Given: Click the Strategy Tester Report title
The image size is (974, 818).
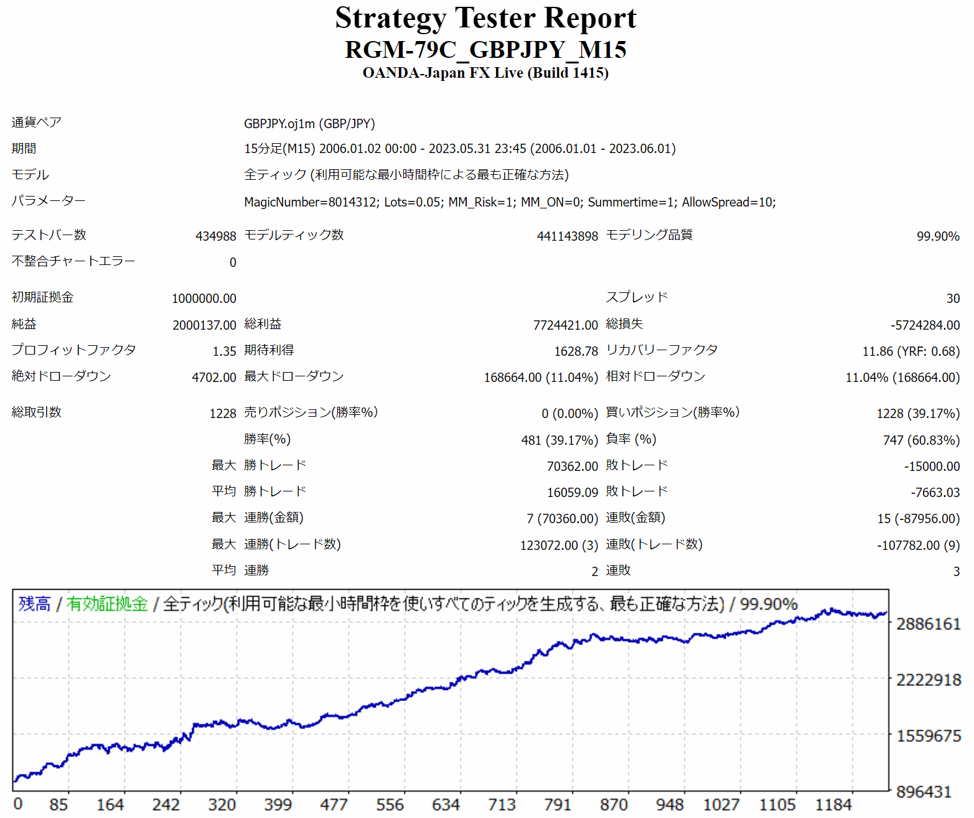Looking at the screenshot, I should coord(485,18).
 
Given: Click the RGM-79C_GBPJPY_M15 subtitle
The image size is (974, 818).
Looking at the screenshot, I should coord(485,50).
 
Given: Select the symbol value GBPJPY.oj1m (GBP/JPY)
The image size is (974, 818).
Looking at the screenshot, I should coord(309,124).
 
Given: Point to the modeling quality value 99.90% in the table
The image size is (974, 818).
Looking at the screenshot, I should coord(938,236).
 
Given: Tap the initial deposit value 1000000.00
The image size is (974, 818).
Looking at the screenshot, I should coord(204,299).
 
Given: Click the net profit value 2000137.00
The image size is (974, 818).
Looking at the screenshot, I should coord(204,325).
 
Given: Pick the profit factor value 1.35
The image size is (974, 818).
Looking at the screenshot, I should coord(224,351).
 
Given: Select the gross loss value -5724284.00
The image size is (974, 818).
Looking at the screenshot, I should coord(925,325).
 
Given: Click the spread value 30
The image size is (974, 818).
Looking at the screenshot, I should coord(953,299).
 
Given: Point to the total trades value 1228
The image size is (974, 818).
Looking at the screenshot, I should coord(223,414).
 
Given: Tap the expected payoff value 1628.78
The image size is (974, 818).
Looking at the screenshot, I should coord(576,351).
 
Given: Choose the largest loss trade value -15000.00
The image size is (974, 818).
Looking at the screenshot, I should coord(932,467).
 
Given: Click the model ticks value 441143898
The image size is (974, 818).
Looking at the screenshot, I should coord(567,236).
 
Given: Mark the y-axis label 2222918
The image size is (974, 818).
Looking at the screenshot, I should coord(929,680).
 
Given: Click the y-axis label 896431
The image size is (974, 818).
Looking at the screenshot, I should coord(924,792).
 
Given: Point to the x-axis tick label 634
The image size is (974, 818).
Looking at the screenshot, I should coord(446,805).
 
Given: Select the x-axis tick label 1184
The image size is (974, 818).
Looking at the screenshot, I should coord(833,805).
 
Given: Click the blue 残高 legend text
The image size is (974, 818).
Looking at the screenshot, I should coord(35,604).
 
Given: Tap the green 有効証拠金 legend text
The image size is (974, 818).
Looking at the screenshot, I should coord(107,604).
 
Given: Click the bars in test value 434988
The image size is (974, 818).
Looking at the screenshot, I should coord(216,236).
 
